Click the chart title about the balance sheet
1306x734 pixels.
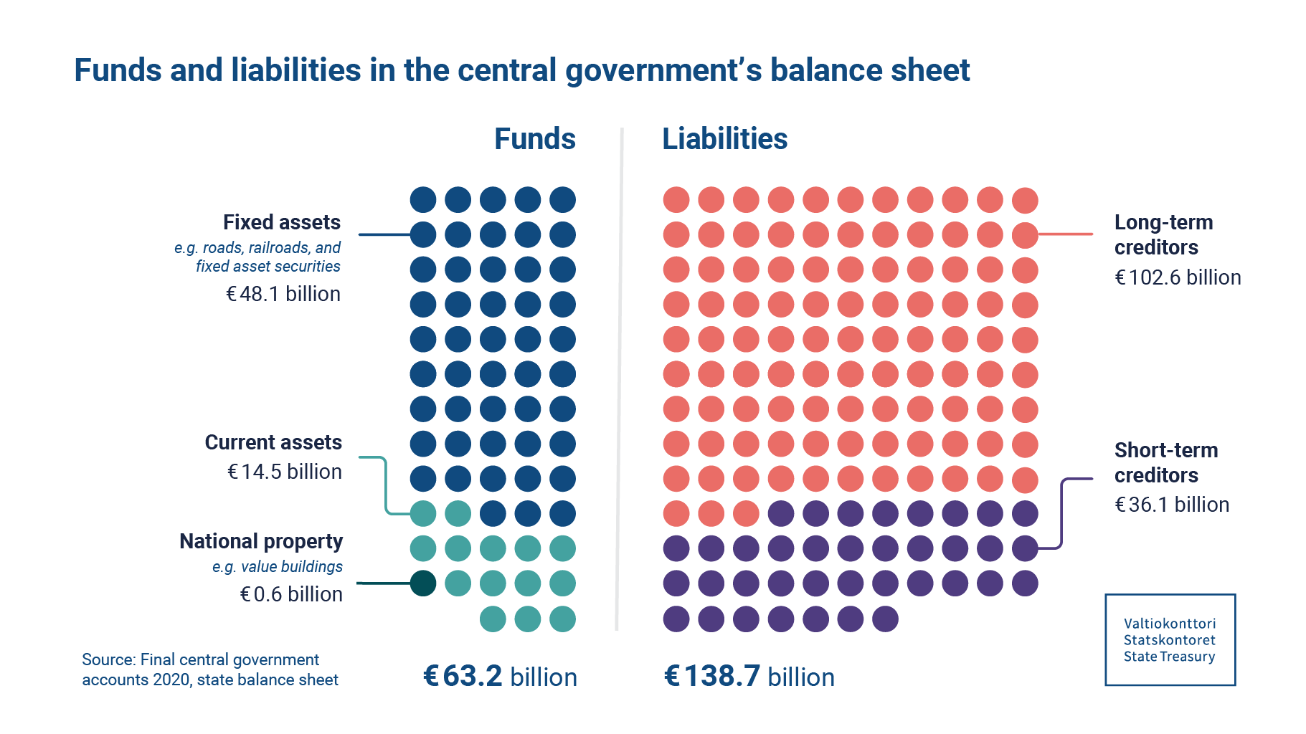[521, 70]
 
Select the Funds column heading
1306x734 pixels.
[534, 139]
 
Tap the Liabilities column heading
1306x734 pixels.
[724, 139]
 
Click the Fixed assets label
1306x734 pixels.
[281, 222]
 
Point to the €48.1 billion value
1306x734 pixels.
[283, 294]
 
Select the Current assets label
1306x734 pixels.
[273, 442]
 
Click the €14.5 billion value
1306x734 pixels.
[285, 472]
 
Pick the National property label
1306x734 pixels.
[261, 541]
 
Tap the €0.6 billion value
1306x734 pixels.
[291, 594]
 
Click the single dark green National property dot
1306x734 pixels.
[423, 583]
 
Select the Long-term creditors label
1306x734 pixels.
[1163, 234]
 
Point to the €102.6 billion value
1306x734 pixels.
[1178, 277]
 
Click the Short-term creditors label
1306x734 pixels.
[1165, 462]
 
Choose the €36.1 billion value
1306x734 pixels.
[1172, 505]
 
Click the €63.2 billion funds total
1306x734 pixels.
[500, 676]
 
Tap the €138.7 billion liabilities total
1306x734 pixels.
[749, 676]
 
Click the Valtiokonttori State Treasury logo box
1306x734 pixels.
[1170, 639]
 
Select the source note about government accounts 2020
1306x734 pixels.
[209, 669]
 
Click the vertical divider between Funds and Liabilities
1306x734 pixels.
[620, 380]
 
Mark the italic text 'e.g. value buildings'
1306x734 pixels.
[277, 566]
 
